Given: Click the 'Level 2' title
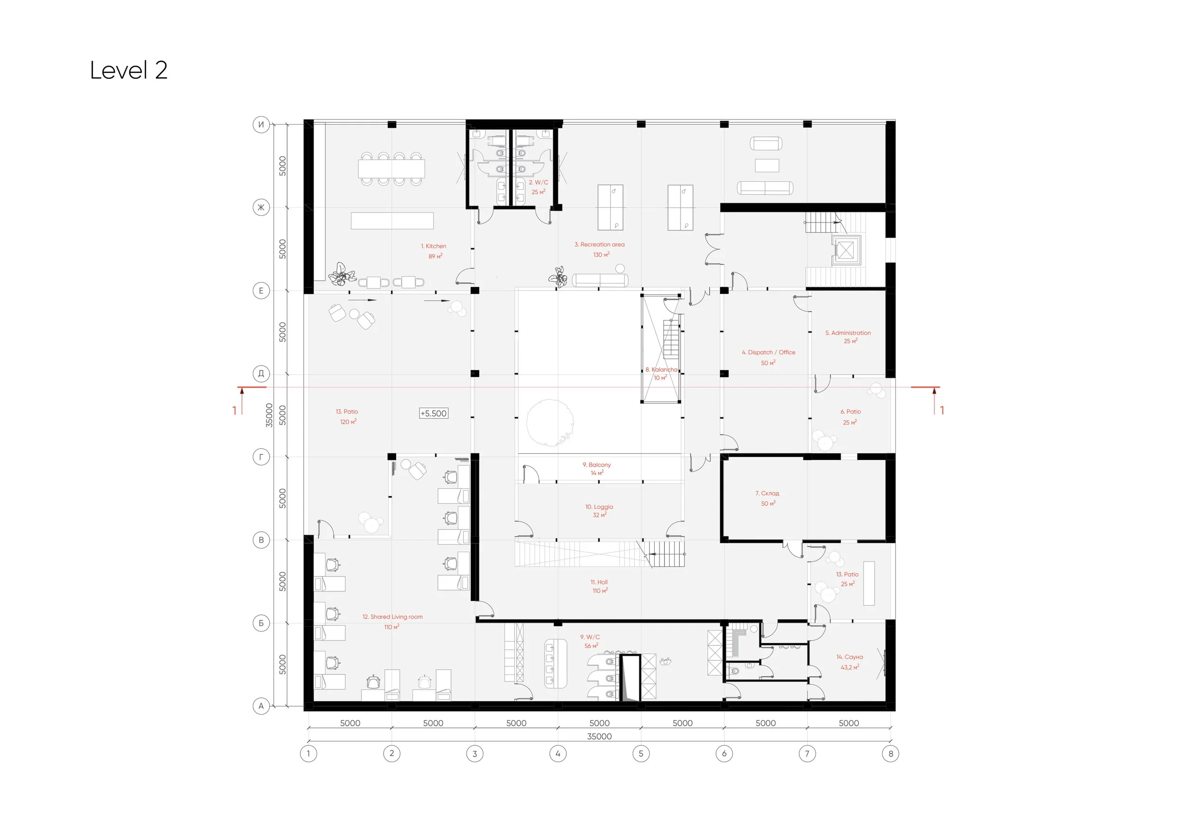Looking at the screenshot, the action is coord(128,70).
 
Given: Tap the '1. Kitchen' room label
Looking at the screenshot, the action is coord(434,246).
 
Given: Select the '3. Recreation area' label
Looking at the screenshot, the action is coord(599,245).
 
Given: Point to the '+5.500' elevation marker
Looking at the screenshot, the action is coord(434,413).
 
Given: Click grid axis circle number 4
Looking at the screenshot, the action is coord(558,754).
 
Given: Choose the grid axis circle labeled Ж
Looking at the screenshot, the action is coord(261,208).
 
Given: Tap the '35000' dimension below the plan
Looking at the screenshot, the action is coord(599,736).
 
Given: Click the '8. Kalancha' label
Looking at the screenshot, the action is coord(661,370).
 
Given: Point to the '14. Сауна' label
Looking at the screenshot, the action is coord(849,657).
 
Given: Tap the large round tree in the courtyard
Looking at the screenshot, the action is coord(550,423).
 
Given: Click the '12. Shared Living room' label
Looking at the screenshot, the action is coord(393,617).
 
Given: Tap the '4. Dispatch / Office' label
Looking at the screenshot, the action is coord(768,353).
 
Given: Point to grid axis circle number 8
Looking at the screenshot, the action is coord(891,754).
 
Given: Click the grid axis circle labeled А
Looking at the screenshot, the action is coord(261,706).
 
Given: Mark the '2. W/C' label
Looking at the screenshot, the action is coord(538,182).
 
